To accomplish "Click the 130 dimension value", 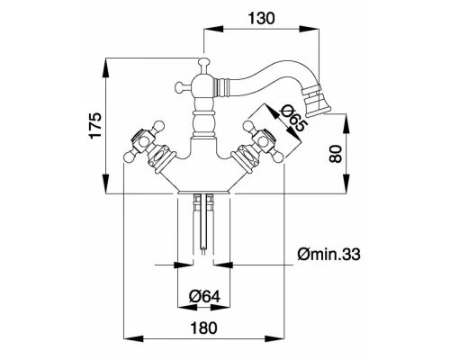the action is pyautogui.click(x=261, y=18).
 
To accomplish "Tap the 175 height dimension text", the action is pyautogui.click(x=96, y=126).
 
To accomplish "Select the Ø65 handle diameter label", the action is pyautogui.click(x=292, y=119).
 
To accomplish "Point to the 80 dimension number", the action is pyautogui.click(x=336, y=154).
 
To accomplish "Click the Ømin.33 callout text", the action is pyautogui.click(x=328, y=255).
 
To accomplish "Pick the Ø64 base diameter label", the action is pyautogui.click(x=205, y=297).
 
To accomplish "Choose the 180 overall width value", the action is pyautogui.click(x=203, y=328).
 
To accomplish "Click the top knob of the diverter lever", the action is pyautogui.click(x=203, y=62).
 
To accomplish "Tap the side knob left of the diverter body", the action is pyautogui.click(x=179, y=86).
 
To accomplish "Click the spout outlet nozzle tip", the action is pyautogui.click(x=317, y=112).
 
